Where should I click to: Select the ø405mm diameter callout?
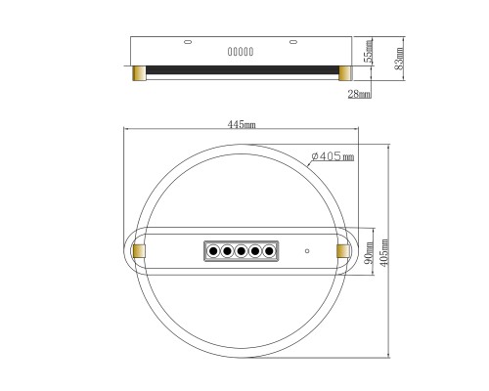(331, 156)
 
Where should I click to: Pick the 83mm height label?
(398, 57)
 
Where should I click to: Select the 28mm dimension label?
(359, 95)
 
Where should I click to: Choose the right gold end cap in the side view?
(344, 72)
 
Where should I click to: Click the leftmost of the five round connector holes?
(211, 252)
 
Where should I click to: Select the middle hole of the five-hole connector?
(241, 252)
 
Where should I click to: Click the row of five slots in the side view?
(241, 52)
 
